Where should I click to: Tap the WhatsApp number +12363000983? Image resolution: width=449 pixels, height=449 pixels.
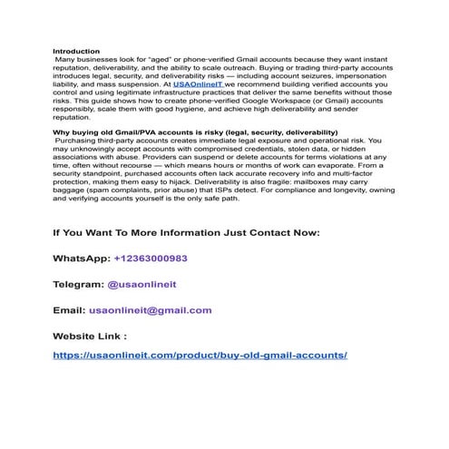coord(151,259)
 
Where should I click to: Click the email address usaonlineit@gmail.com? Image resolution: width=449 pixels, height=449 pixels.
coord(150,310)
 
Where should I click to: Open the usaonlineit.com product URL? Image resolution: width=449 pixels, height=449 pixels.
coord(200,355)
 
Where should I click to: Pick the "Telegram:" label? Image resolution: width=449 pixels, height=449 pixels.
coord(78,284)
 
